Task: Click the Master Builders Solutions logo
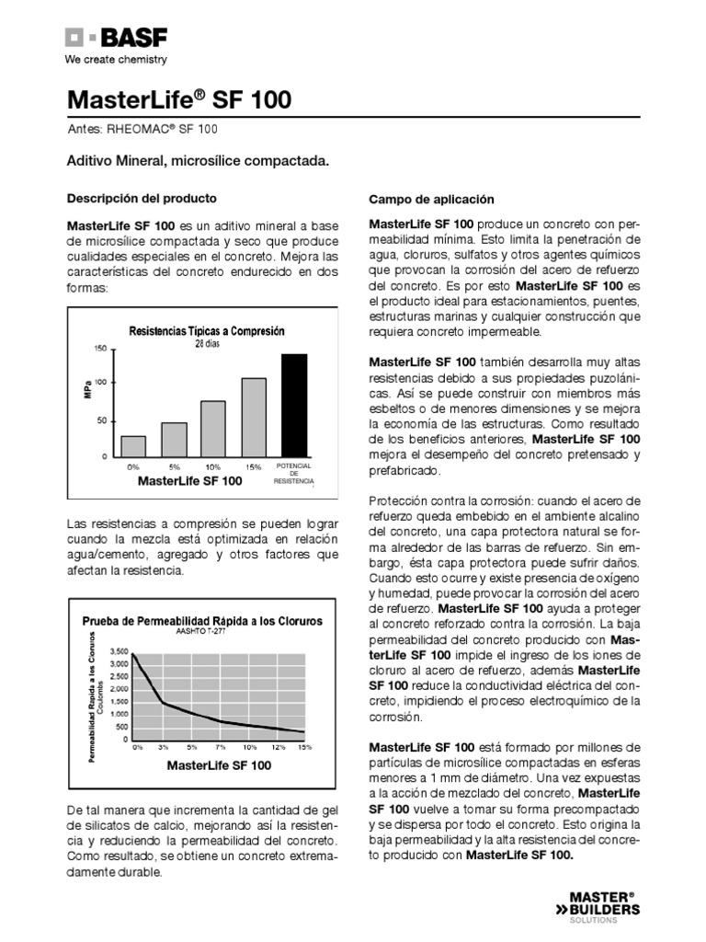[x=604, y=905]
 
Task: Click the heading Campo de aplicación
[x=431, y=199]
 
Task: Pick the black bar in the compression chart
[x=294, y=405]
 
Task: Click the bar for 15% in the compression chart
[x=254, y=417]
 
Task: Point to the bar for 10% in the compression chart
[x=213, y=428]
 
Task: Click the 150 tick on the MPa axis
[x=101, y=349]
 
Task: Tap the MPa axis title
[x=87, y=390]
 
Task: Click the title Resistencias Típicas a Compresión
[x=207, y=330]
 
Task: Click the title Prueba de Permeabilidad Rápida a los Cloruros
[x=203, y=621]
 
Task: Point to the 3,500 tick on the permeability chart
[x=119, y=650]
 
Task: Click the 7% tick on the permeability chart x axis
[x=221, y=747]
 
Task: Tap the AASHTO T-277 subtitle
[x=203, y=632]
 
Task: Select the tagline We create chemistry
[x=115, y=60]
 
